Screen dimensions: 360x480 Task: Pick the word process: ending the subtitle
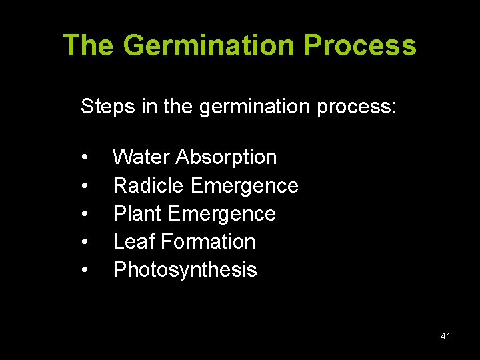(x=357, y=106)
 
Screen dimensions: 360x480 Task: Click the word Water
(x=141, y=157)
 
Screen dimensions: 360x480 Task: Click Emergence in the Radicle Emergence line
(x=244, y=186)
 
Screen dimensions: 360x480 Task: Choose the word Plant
(x=138, y=214)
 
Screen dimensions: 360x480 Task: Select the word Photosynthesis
(x=185, y=270)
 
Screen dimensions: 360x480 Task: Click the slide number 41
(x=445, y=337)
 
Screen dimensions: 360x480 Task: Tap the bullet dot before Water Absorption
(x=85, y=158)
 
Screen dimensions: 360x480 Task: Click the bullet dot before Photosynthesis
(x=85, y=270)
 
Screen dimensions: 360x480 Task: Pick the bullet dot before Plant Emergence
(x=85, y=214)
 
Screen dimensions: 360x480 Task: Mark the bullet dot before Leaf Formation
(x=85, y=242)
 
